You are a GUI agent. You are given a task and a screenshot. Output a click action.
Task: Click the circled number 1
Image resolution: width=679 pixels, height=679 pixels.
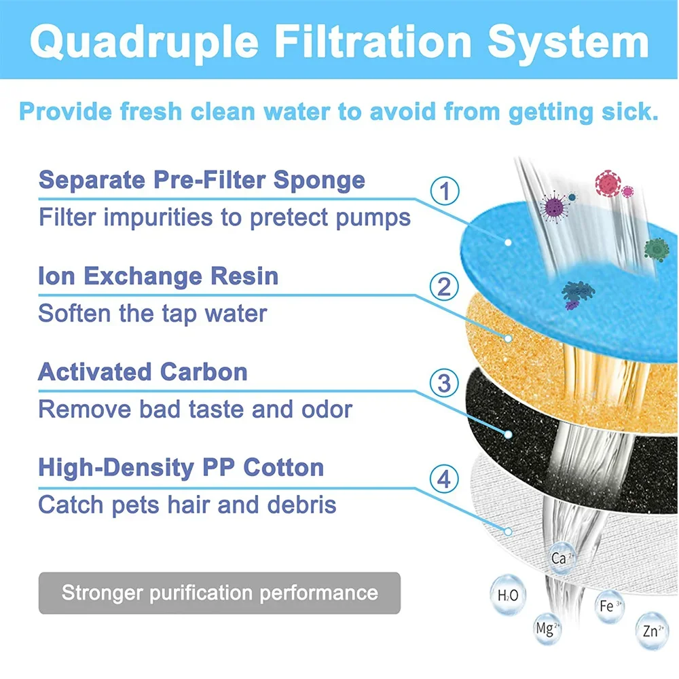[x=445, y=192]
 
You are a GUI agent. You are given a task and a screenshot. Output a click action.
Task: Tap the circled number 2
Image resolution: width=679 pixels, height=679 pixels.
[x=444, y=287]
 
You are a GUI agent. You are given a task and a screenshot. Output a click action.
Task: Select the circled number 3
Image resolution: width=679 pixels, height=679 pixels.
[x=444, y=384]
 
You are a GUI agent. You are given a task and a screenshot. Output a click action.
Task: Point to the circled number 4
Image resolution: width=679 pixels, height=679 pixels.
[x=444, y=480]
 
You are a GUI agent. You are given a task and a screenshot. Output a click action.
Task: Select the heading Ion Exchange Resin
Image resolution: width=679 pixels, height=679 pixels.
[x=158, y=276]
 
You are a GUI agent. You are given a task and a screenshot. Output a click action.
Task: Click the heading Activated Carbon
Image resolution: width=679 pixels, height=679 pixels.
[x=143, y=372]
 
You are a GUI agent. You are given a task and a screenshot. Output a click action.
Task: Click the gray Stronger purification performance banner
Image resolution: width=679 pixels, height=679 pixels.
[x=219, y=592]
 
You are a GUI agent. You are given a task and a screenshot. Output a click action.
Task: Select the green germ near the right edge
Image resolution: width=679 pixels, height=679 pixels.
[x=656, y=249]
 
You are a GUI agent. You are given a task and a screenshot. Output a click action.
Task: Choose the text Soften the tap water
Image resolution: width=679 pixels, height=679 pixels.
[x=153, y=313]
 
